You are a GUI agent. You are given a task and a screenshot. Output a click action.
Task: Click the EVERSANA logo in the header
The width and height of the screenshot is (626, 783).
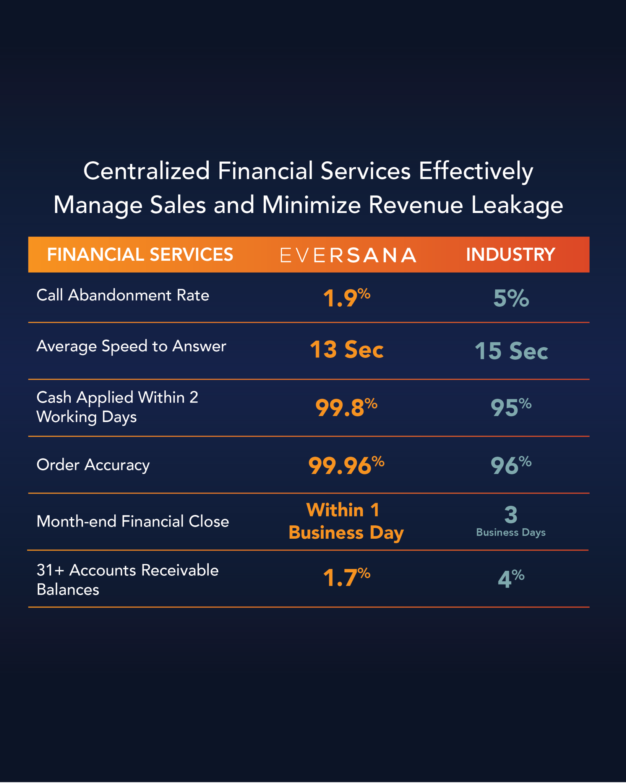pos(348,255)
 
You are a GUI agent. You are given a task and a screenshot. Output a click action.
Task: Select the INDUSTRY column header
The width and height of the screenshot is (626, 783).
pos(510,255)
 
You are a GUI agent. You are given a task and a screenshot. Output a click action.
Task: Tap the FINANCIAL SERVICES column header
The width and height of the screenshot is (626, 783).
pos(140,255)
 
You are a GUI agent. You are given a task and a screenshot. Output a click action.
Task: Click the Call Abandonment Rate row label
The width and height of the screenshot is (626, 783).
pos(123,295)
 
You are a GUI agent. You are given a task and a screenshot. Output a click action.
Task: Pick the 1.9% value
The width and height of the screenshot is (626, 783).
pos(346,298)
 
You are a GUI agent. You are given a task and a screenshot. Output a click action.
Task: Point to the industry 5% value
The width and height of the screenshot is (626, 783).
pos(511,298)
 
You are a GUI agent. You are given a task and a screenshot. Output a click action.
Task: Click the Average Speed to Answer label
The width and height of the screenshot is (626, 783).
pos(131,346)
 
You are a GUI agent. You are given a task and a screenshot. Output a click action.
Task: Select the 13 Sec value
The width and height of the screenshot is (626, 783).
pos(346,349)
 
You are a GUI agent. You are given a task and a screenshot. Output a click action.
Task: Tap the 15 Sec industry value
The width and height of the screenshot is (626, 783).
pos(511,351)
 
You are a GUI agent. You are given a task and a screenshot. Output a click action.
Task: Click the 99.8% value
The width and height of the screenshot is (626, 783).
pos(346,407)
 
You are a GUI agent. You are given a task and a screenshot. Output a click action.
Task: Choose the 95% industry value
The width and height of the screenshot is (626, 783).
pos(511,407)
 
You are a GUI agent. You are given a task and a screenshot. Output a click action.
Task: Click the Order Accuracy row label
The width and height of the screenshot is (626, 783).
pos(93,465)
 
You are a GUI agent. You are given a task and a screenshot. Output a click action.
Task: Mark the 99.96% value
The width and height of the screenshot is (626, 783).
pos(346,465)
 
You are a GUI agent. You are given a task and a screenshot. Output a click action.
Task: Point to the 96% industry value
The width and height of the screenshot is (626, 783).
pos(511,465)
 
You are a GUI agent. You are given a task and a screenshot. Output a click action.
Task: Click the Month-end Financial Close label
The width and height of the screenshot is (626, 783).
pos(133,521)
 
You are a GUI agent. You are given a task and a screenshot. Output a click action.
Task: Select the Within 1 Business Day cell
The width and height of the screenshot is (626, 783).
pos(345,521)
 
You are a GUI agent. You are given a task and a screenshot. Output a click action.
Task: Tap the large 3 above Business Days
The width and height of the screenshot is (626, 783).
pos(511,515)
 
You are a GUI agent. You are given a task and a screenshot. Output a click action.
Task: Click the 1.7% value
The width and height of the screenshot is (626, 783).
pos(346,577)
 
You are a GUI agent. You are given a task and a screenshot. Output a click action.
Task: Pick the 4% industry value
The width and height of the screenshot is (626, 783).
pos(511,578)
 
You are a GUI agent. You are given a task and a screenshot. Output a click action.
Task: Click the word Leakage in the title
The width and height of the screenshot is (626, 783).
pos(517,205)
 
